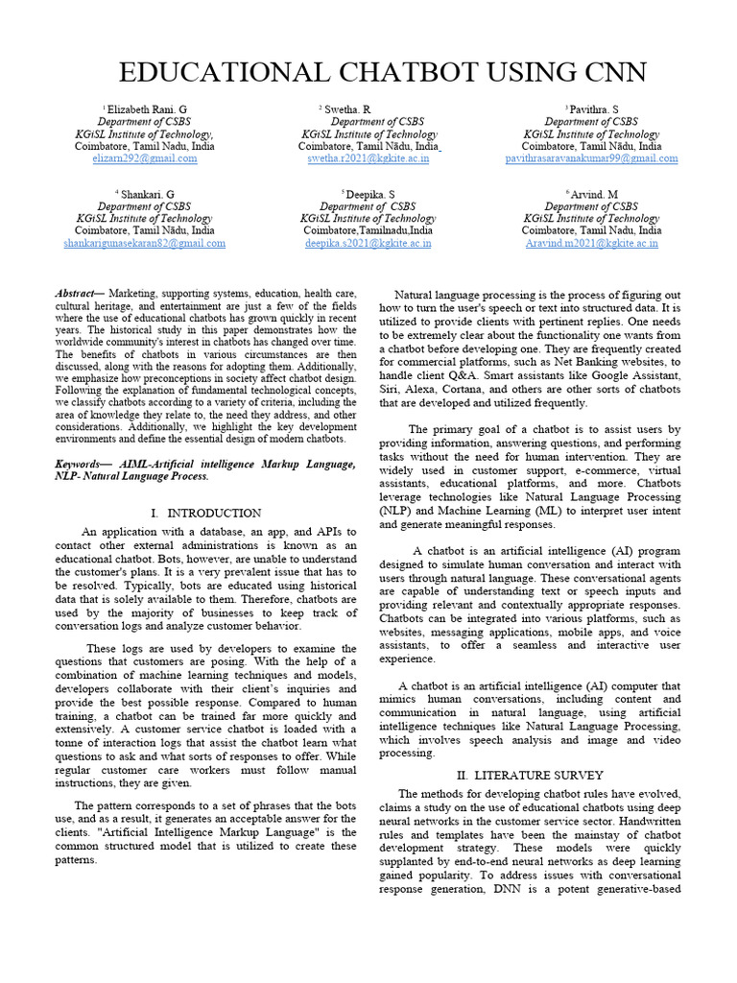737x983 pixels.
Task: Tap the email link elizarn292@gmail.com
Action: click(144, 159)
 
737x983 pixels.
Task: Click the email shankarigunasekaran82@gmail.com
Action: click(144, 244)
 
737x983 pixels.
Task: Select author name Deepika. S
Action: click(369, 194)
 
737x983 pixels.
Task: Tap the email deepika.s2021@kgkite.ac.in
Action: click(368, 244)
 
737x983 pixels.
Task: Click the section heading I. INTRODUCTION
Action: click(205, 514)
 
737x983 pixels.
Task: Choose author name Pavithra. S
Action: click(594, 109)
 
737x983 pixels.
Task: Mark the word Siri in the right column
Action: click(391, 391)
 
